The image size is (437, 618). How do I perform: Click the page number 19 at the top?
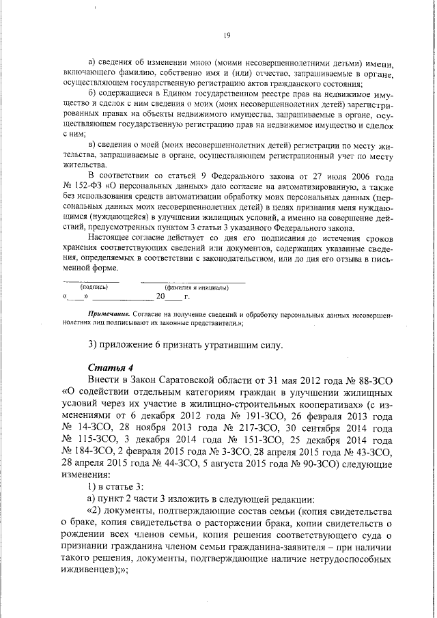tap(227, 36)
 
